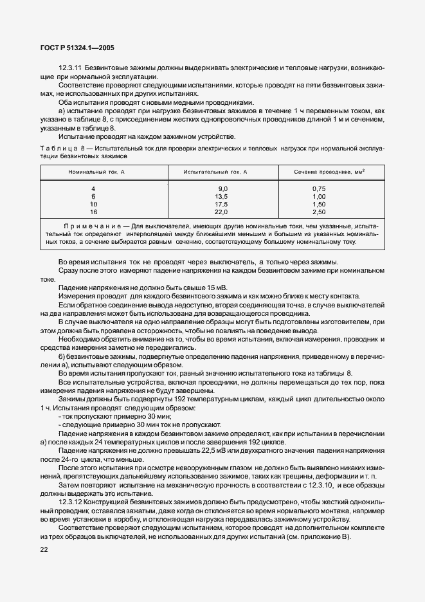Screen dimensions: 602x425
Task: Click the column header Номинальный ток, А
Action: click(96, 172)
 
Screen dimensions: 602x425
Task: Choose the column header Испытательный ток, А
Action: click(220, 172)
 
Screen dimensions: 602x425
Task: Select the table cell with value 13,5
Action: click(221, 196)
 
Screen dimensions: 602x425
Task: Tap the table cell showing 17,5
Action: click(221, 203)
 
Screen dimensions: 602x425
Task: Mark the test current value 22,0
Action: click(221, 211)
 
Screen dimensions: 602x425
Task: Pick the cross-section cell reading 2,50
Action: click(318, 211)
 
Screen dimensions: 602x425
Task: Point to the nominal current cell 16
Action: click(93, 211)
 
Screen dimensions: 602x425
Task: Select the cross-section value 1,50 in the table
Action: click(318, 203)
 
